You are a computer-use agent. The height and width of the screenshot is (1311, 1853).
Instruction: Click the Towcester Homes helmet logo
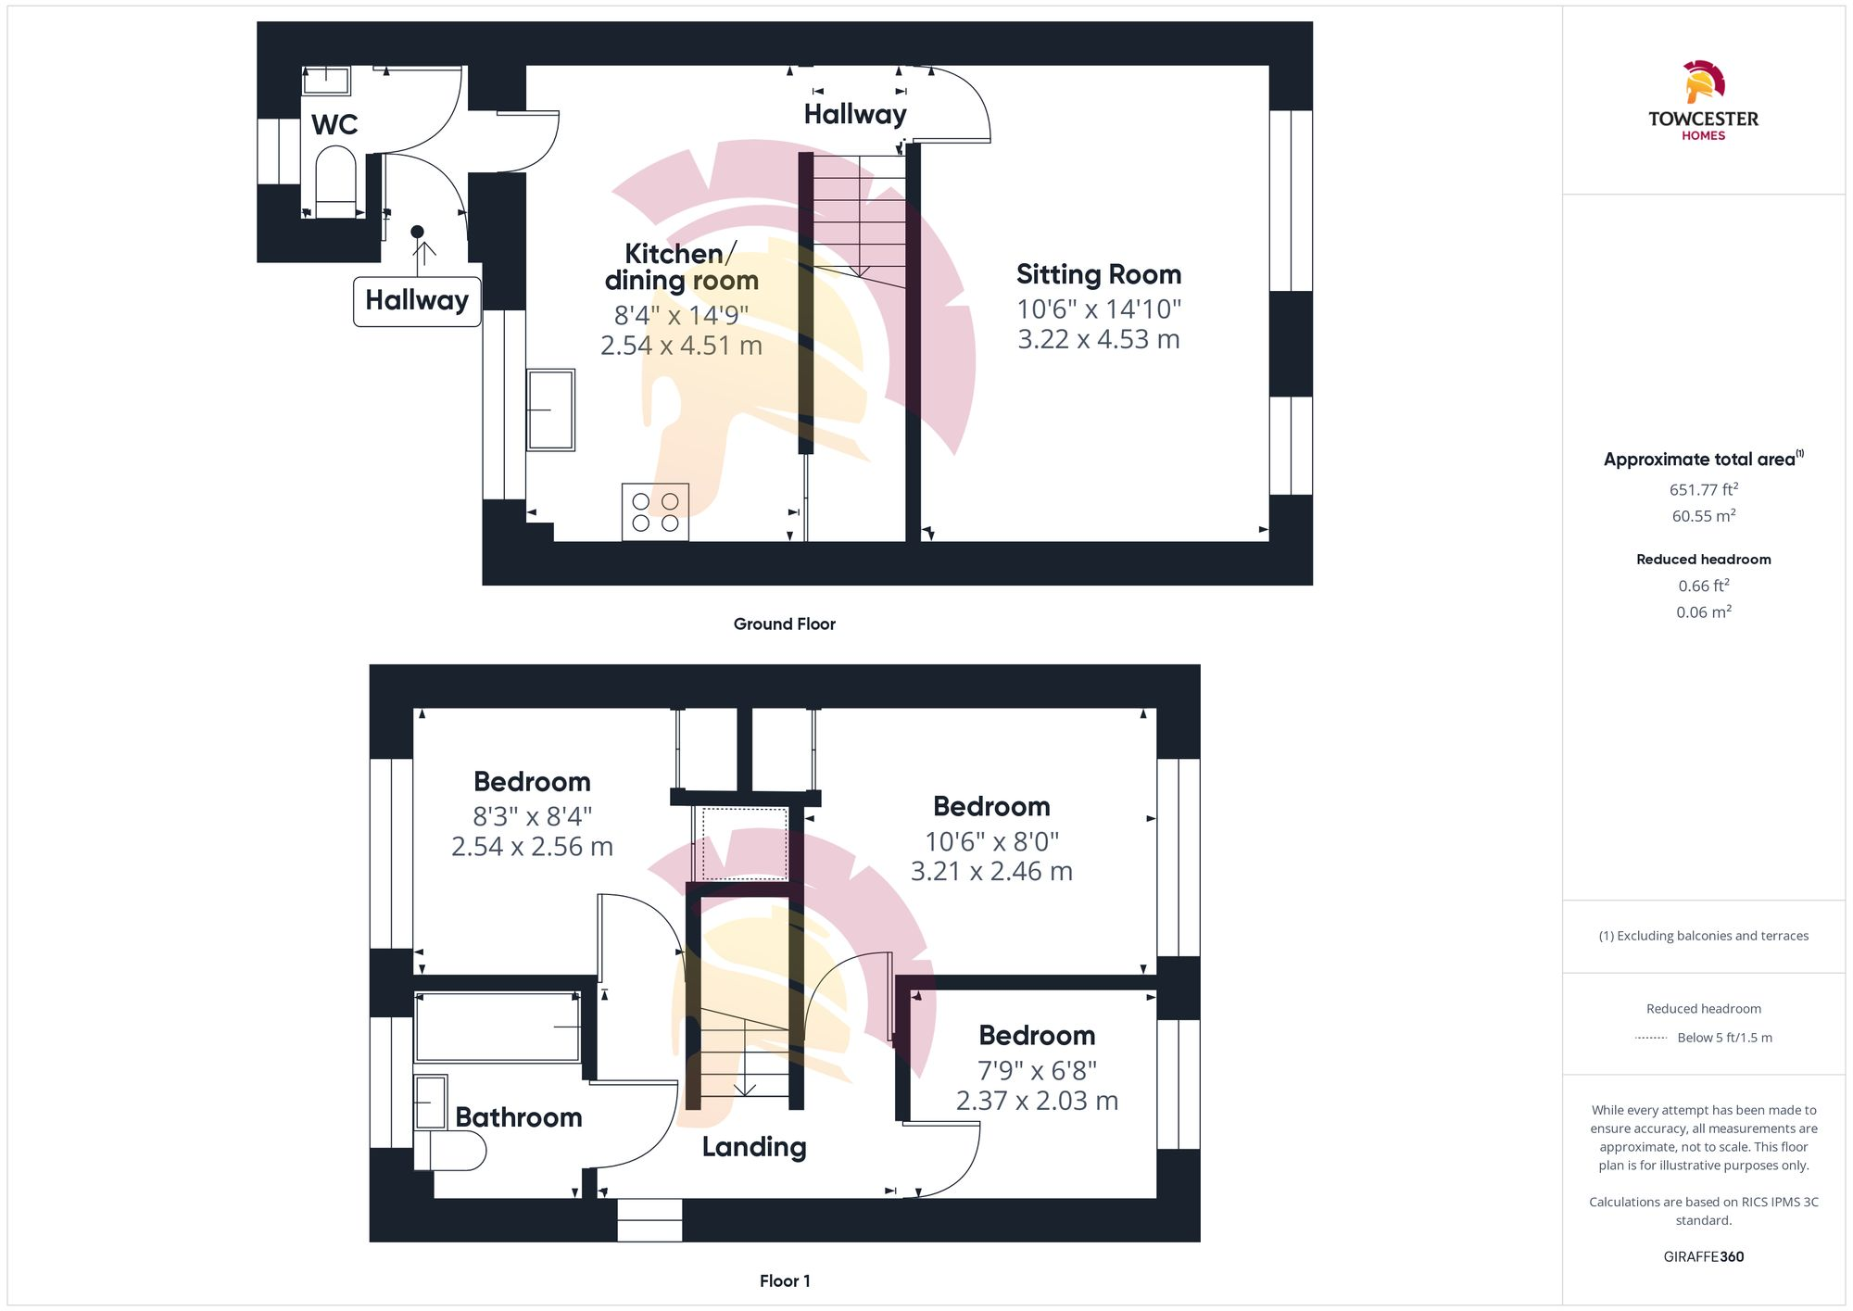(x=1703, y=82)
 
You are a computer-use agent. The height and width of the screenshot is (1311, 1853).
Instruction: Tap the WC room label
(x=334, y=125)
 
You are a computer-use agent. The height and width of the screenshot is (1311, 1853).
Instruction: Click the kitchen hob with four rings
(x=655, y=511)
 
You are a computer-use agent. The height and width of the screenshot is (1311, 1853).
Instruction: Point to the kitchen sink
(x=550, y=410)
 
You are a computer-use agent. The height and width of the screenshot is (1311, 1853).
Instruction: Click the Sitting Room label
(x=1099, y=274)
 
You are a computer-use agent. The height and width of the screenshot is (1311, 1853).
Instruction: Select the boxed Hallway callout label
(x=417, y=301)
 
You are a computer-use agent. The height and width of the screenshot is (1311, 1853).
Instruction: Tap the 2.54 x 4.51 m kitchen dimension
(x=681, y=346)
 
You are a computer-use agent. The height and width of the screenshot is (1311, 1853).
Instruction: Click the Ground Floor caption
(x=785, y=624)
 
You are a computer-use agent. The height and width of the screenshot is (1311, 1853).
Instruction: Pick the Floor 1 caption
(x=785, y=1281)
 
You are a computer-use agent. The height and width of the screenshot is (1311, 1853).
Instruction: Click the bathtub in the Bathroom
(x=498, y=1027)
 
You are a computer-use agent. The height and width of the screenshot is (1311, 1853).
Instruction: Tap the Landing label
(x=754, y=1147)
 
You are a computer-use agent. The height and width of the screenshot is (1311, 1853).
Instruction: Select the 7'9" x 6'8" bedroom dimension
(x=1038, y=1071)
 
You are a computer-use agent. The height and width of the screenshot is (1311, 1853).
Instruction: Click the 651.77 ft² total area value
(x=1704, y=489)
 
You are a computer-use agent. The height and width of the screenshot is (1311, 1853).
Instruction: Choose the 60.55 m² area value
(x=1704, y=516)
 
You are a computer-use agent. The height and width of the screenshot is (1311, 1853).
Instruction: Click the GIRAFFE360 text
(x=1704, y=1257)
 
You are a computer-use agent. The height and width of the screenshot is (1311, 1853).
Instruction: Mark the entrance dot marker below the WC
(x=417, y=232)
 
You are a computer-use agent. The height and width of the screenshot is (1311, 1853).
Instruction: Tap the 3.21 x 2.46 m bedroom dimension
(x=991, y=872)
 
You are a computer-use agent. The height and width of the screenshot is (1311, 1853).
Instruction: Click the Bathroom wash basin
(x=431, y=1103)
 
